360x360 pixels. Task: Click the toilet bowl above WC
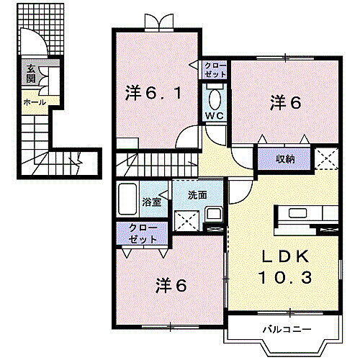[x=215, y=97]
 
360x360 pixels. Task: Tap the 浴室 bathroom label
[x=151, y=202]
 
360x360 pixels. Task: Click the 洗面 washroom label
[x=198, y=194]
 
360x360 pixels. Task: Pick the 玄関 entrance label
[x=31, y=73]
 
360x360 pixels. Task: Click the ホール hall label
[x=34, y=102]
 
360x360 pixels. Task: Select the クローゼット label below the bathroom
[x=142, y=232]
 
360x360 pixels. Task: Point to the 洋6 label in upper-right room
[x=285, y=102]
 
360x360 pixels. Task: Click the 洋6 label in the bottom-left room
[x=171, y=284]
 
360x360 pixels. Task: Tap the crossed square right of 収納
[x=326, y=157]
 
